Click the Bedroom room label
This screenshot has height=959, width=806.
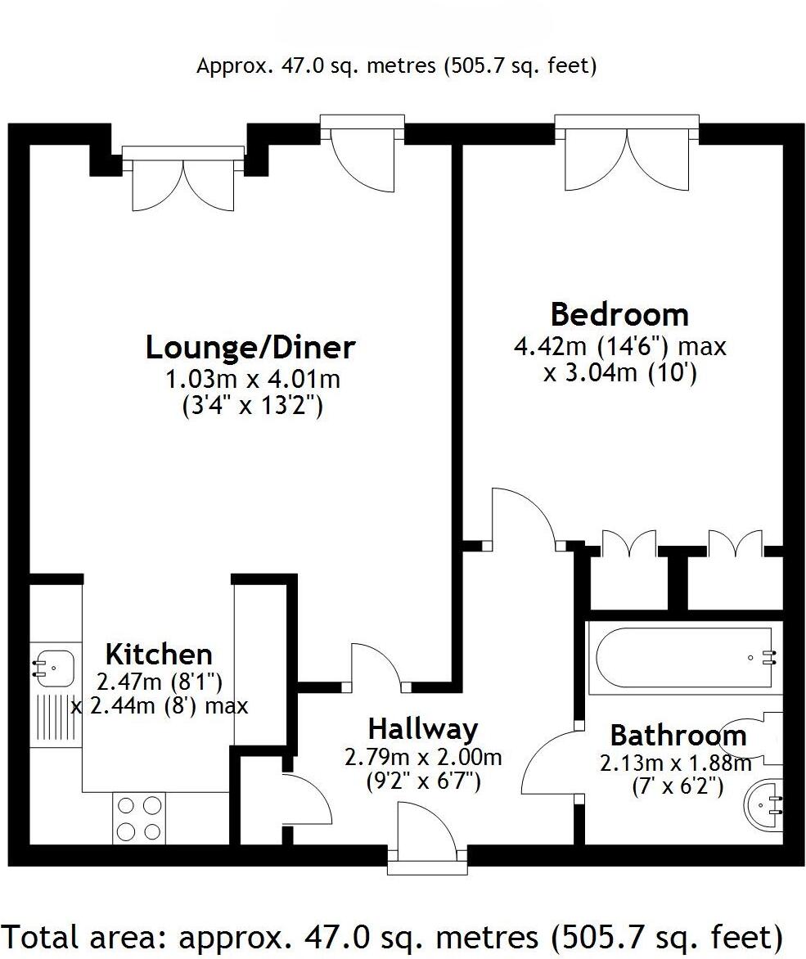(619, 314)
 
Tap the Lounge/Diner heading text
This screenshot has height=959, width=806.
(250, 347)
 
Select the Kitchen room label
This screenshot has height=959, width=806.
(159, 655)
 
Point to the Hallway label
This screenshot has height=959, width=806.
(422, 728)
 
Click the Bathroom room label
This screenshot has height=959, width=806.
(678, 736)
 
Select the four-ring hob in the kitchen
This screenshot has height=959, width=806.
(138, 818)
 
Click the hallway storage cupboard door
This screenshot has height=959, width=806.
(307, 798)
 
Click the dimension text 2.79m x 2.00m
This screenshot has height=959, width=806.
(422, 758)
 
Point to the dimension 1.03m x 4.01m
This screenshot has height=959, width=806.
(252, 380)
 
